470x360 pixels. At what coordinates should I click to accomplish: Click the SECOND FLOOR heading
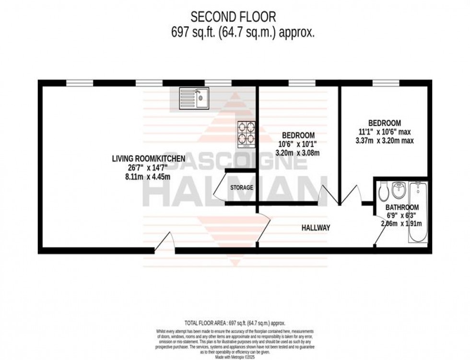click(x=234, y=17)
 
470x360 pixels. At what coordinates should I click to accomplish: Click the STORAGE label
click(x=241, y=187)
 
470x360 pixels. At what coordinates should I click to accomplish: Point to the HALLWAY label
click(x=316, y=228)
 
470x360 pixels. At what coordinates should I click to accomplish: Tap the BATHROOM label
click(x=402, y=208)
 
